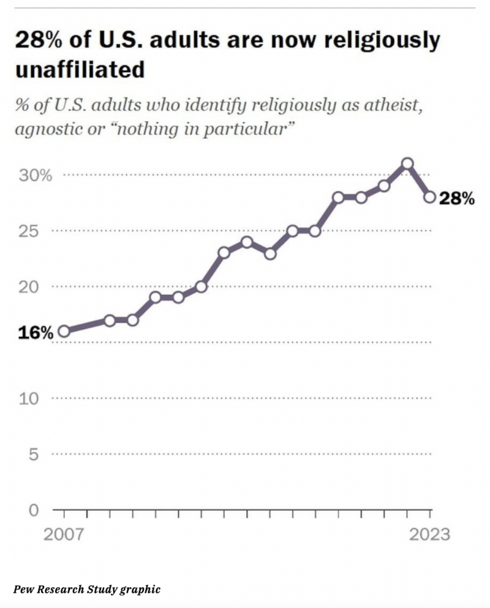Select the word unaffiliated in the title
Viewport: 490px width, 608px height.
79,69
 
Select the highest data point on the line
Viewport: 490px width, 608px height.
407,163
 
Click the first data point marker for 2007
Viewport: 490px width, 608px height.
64,332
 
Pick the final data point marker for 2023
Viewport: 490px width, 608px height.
430,197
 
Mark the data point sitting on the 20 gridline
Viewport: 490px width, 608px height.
201,286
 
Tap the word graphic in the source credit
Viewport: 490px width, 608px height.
141,589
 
